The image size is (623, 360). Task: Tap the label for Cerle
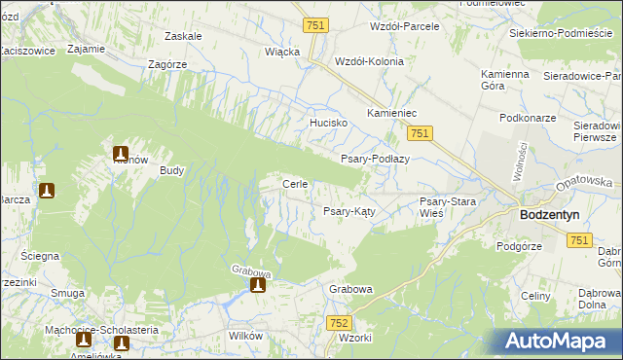click(295, 184)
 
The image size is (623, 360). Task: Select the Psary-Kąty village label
click(349, 210)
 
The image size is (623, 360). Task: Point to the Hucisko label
click(329, 124)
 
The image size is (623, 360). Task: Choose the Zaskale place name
click(183, 36)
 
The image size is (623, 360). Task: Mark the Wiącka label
click(282, 52)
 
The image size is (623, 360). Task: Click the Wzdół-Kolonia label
click(369, 60)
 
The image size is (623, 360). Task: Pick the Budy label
click(172, 169)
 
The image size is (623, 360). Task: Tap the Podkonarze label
click(526, 118)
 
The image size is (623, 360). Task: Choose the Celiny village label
click(536, 296)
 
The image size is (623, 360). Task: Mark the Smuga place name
click(67, 292)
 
